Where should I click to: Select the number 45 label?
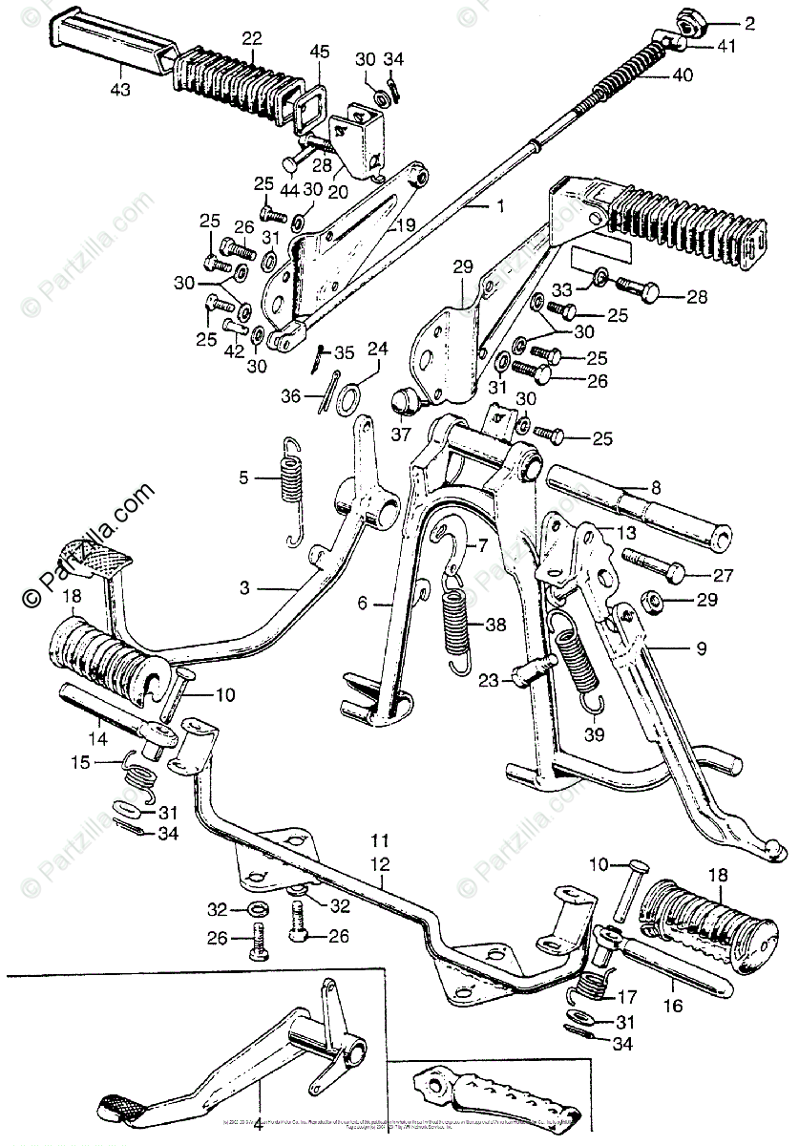(x=320, y=52)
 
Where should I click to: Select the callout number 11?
(x=380, y=842)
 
